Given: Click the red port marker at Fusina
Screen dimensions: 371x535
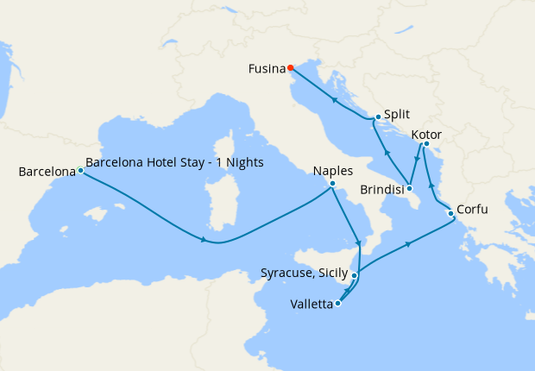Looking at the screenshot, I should [291, 68].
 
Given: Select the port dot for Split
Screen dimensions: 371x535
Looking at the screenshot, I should [378, 117].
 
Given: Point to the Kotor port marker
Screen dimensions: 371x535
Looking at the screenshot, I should [426, 144].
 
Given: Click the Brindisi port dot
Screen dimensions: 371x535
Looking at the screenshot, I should [410, 188].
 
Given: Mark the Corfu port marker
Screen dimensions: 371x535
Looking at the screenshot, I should [450, 213].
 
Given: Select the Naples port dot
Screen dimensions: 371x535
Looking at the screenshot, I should [332, 183].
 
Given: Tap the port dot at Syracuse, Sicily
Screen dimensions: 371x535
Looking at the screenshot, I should [355, 276].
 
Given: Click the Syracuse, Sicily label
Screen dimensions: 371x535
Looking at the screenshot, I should [305, 274].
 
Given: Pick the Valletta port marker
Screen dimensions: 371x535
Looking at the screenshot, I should [337, 303].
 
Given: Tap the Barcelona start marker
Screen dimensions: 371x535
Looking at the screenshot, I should [80, 170].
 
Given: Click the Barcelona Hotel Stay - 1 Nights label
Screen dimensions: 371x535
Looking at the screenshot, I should [174, 162].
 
